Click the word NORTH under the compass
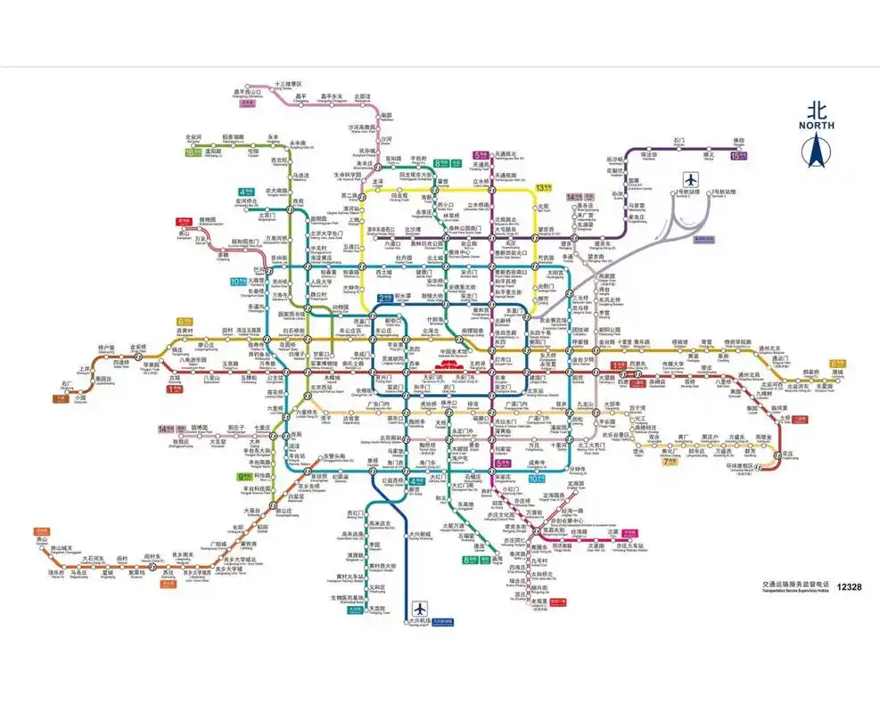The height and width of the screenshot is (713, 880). tap(814, 126)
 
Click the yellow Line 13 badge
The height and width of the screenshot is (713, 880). tap(544, 187)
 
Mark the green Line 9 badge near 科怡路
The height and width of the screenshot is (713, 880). tap(243, 477)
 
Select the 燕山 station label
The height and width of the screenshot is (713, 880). tap(41, 539)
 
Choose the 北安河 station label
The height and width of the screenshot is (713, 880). tap(193, 138)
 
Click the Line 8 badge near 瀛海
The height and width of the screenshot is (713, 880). tap(471, 560)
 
